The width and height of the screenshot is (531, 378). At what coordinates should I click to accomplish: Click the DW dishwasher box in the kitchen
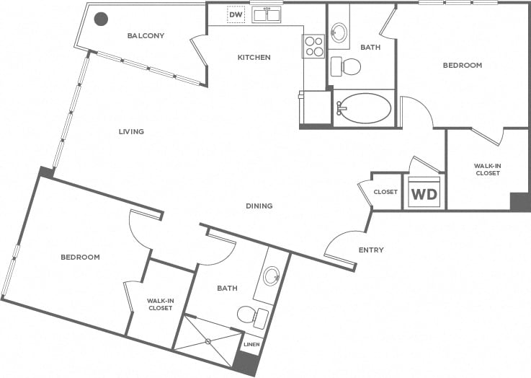pyautogui.click(x=236, y=14)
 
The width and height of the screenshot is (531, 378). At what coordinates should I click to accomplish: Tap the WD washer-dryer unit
pyautogui.click(x=423, y=193)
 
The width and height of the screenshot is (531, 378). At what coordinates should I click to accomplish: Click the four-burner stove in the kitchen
pyautogui.click(x=314, y=46)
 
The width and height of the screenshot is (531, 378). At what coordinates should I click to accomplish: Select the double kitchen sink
pyautogui.click(x=266, y=14)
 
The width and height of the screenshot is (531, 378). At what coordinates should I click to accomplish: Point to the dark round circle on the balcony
pyautogui.click(x=102, y=19)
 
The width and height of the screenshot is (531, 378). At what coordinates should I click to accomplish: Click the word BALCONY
pyautogui.click(x=146, y=36)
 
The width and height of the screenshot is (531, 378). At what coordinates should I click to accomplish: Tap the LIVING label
pyautogui.click(x=132, y=132)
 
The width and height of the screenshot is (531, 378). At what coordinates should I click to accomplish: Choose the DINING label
pyautogui.click(x=259, y=206)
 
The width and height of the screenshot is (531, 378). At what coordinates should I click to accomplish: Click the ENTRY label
pyautogui.click(x=371, y=250)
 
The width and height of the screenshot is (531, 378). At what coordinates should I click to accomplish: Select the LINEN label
pyautogui.click(x=251, y=344)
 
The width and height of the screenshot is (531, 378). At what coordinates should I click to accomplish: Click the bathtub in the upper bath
pyautogui.click(x=364, y=109)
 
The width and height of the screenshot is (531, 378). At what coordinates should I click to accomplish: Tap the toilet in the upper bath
pyautogui.click(x=347, y=67)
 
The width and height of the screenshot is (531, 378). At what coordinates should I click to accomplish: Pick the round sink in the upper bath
pyautogui.click(x=339, y=32)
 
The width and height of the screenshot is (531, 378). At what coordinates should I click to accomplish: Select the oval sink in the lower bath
pyautogui.click(x=272, y=276)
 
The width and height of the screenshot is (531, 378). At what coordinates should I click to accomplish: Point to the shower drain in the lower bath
pyautogui.click(x=208, y=340)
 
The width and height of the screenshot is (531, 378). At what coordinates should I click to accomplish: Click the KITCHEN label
pyautogui.click(x=254, y=57)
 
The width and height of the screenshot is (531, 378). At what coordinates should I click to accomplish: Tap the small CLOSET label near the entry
pyautogui.click(x=385, y=192)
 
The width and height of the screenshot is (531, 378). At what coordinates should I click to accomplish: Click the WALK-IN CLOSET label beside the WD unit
pyautogui.click(x=488, y=170)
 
